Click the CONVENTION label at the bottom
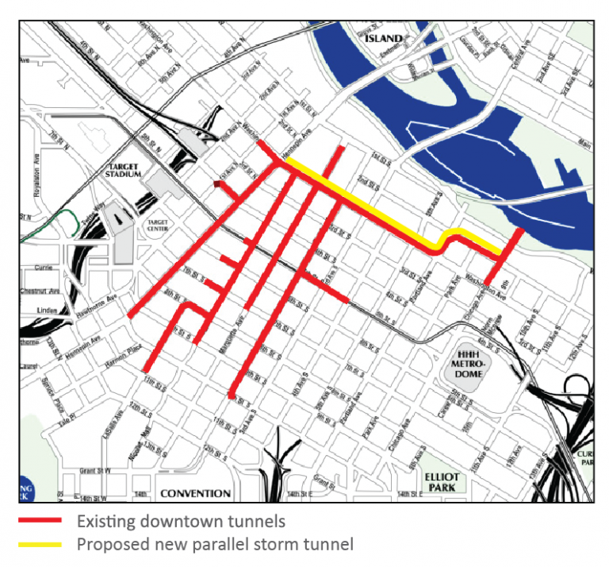click(x=195, y=493)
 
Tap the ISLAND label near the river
click(x=385, y=37)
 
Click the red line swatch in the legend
click(x=40, y=522)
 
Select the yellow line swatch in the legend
click(x=40, y=545)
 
